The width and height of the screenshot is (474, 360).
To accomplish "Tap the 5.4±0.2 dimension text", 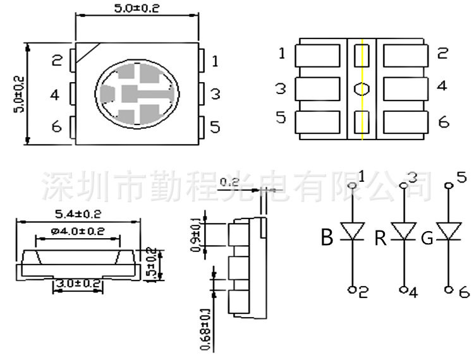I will coord(78,214).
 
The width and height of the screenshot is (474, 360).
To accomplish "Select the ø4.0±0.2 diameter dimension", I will coord(78,231).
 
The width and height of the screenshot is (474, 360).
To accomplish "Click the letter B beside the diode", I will coord(326,238).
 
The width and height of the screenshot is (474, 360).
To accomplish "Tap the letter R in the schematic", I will coord(380,238).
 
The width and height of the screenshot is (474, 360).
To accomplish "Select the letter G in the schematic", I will coord(427,238).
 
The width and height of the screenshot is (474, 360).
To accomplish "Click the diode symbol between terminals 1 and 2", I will coord(353,231).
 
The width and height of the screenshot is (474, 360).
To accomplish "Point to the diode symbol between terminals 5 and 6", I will coord(449,231).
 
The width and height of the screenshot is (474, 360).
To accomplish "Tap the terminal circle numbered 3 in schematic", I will coord(403,186).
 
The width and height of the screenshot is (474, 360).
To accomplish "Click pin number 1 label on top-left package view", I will coord(215,61).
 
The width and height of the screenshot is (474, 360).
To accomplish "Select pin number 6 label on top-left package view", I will coord(57,127).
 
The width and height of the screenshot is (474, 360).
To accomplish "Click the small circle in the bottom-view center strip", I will coord(362,88).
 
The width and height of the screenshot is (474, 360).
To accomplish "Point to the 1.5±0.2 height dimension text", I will coord(152,265).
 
